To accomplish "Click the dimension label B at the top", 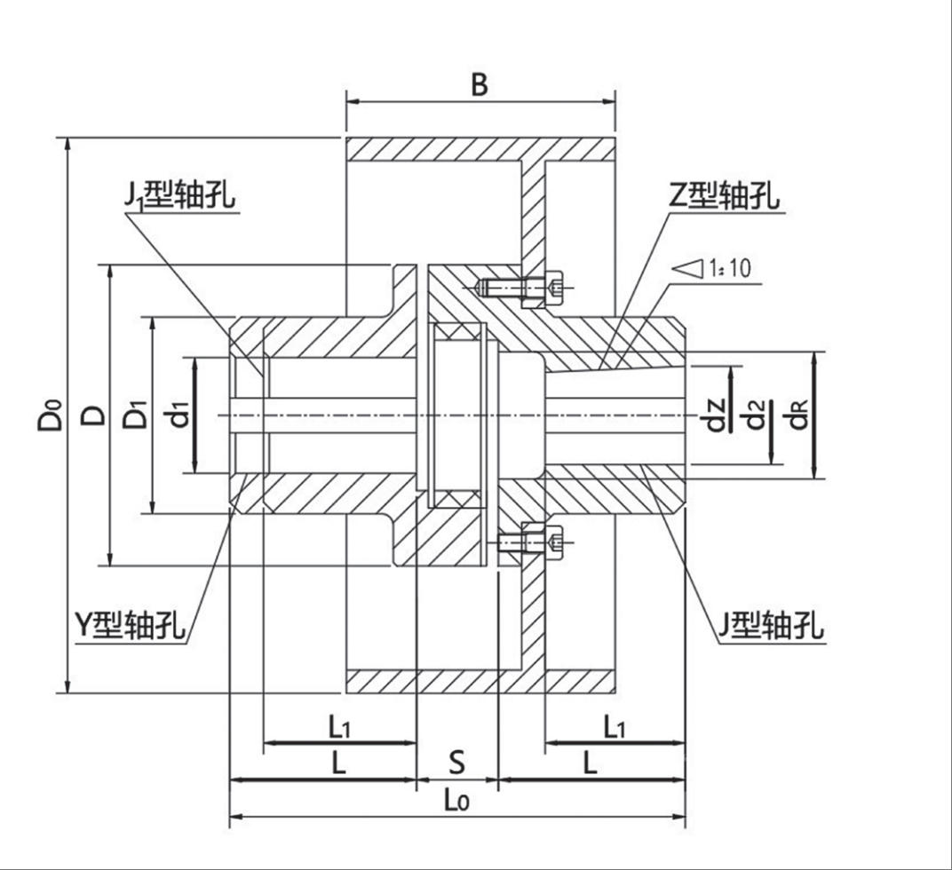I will click(x=479, y=84).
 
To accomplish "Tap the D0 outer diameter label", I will click(x=51, y=415).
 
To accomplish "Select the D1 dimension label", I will click(x=135, y=415).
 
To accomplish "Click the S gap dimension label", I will click(x=456, y=762).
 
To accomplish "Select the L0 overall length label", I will click(x=456, y=800).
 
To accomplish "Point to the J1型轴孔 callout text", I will click(x=180, y=194).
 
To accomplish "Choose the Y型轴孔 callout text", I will click(x=130, y=624).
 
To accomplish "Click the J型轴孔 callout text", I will click(x=770, y=626).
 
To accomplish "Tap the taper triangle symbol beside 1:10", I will click(x=688, y=267).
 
